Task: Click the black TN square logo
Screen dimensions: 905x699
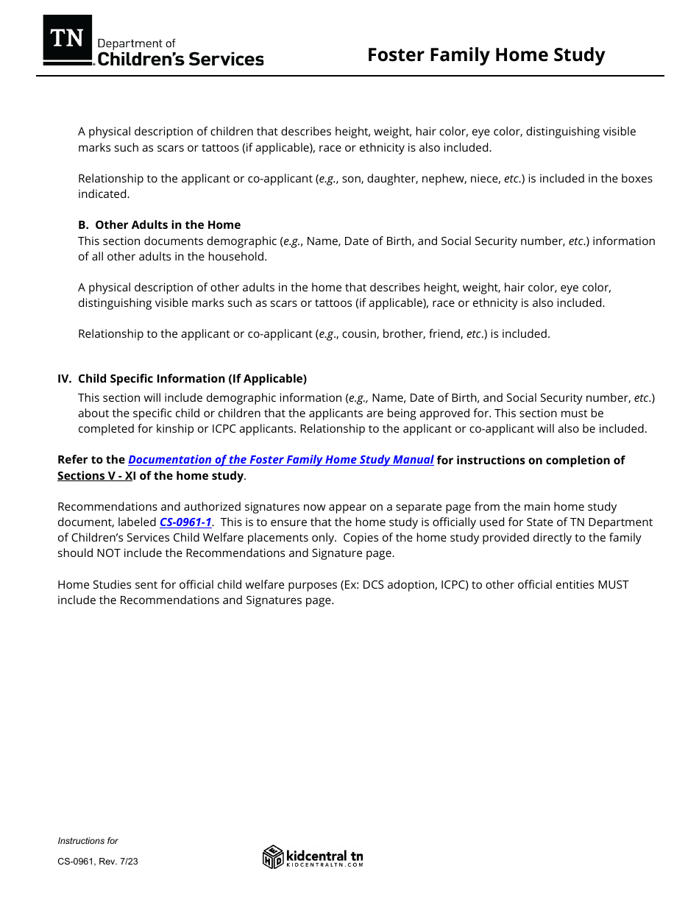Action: [x=68, y=39]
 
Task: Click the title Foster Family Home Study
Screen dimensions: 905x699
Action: [x=486, y=55]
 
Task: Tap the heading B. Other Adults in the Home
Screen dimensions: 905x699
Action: [x=159, y=225]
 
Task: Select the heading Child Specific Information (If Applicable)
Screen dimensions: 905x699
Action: [x=192, y=379]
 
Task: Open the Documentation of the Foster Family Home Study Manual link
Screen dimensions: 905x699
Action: [x=281, y=460]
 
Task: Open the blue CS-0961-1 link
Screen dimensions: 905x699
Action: [x=185, y=522]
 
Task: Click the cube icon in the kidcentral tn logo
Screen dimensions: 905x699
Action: [x=273, y=856]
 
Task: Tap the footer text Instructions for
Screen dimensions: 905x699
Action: [x=88, y=841]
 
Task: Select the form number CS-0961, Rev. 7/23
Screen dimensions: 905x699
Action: [x=97, y=862]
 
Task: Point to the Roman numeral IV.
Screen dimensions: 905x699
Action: [x=65, y=379]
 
